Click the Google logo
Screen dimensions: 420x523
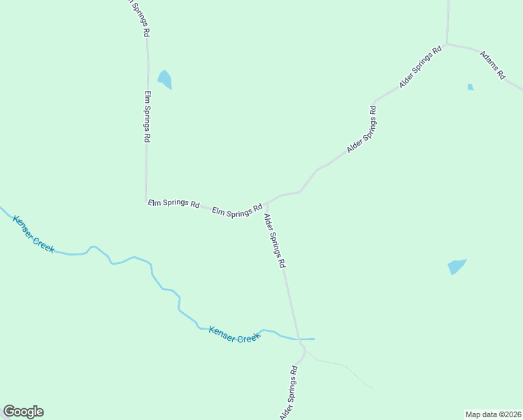23,412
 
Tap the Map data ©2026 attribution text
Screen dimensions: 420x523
493,414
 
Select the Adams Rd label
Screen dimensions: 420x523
492,65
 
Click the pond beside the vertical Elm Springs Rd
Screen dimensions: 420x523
165,79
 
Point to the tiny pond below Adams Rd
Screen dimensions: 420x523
471,87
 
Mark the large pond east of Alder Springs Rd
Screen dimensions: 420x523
457,267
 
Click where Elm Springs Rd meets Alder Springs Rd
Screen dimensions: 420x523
266,203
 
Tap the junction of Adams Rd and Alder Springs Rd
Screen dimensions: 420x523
447,44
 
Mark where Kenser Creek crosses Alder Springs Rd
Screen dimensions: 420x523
301,339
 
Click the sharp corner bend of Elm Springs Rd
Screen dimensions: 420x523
146,201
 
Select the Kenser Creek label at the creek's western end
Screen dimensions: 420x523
33,234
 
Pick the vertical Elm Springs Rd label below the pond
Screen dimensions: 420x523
148,117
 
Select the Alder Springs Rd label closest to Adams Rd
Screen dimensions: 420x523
421,67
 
